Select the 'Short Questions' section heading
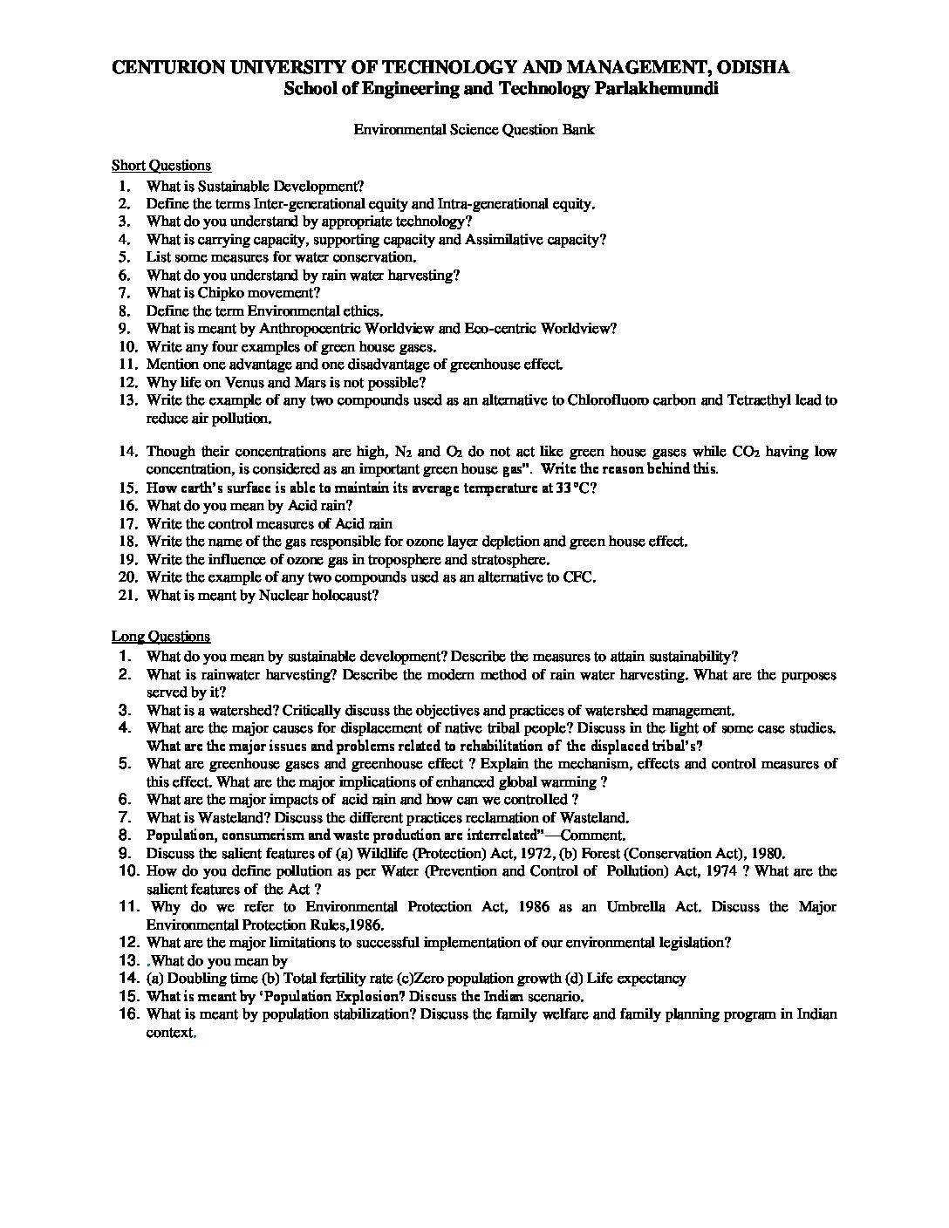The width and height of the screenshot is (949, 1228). (161, 166)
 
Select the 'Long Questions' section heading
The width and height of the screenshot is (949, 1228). (160, 637)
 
